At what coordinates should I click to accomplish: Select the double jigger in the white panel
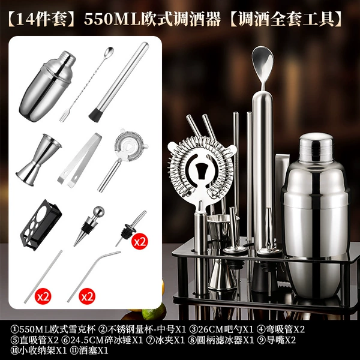(x=38, y=160)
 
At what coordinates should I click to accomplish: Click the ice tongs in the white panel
(x=79, y=160)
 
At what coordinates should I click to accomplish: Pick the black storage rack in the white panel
(x=41, y=224)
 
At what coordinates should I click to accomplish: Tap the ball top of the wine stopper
(x=98, y=211)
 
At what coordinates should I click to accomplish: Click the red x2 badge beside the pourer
(x=140, y=242)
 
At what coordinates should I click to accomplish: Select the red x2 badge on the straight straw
(x=43, y=296)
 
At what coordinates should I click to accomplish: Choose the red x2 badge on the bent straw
(x=87, y=296)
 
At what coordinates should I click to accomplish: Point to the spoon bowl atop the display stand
(x=263, y=60)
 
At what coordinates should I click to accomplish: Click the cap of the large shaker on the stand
(x=316, y=148)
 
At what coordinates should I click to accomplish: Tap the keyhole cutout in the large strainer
(x=202, y=170)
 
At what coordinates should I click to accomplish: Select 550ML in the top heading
(x=113, y=19)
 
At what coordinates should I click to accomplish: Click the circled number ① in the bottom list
(x=14, y=329)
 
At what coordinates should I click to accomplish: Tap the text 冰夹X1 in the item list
(x=170, y=340)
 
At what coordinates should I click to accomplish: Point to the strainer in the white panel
(x=122, y=158)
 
